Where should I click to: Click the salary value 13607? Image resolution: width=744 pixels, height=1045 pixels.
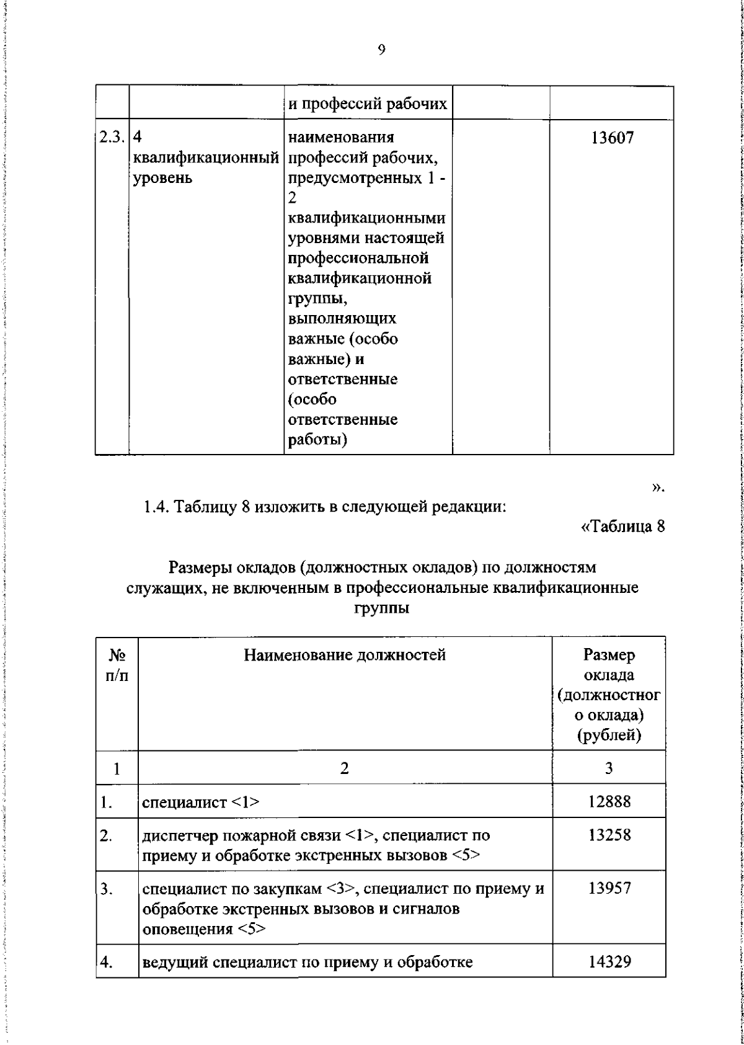pos(612,138)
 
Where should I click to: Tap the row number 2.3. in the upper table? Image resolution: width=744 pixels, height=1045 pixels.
pos(112,137)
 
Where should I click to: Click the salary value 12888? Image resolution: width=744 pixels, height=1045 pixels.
pos(609,801)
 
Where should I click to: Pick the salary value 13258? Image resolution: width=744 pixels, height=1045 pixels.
pos(609,835)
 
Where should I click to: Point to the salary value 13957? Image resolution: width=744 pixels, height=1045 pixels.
pos(609,888)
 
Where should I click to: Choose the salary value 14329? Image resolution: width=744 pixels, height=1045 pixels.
pos(609,962)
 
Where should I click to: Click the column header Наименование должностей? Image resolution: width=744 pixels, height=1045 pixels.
pos(345,655)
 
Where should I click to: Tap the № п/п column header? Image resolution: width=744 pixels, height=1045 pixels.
pos(117,665)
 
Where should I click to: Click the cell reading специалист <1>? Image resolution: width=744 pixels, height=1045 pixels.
pos(201,802)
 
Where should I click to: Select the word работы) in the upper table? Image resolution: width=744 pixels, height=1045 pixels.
pos(317,440)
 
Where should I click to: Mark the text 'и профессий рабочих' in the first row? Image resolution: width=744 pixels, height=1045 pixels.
pos(367,104)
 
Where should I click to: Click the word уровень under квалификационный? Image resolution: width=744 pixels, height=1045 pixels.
pos(162,178)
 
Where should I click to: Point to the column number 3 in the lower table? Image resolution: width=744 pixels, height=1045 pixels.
pos(609,768)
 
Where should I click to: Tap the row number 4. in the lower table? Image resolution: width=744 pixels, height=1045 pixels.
pos(107,963)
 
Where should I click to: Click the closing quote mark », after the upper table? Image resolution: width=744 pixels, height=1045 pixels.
pos(658,489)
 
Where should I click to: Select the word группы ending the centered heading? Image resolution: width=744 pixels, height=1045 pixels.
pos(381,608)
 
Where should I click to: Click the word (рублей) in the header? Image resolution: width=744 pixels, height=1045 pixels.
pos(609,736)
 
